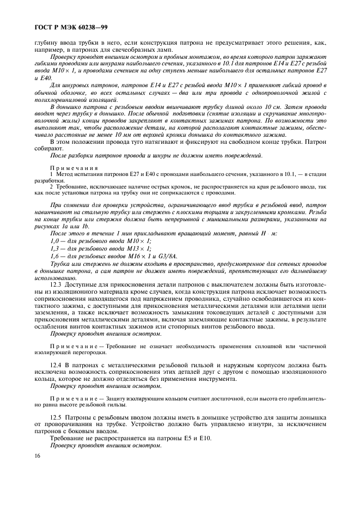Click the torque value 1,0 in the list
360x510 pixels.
tap(54, 241)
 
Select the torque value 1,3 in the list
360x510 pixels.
tap(54, 248)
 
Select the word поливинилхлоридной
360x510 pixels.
tap(60, 100)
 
